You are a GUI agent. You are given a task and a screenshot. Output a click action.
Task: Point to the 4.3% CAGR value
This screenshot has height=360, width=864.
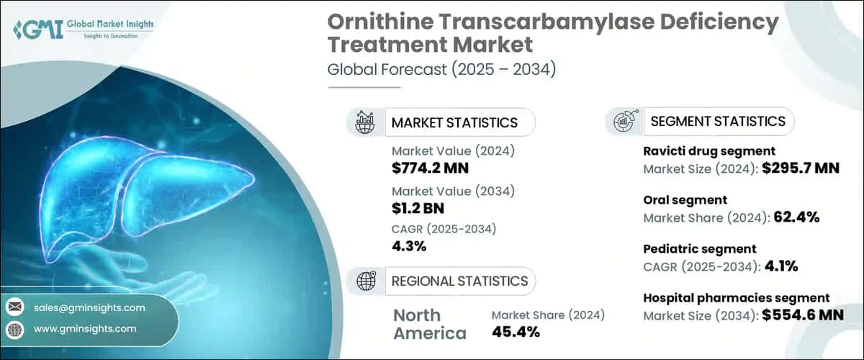tap(409, 247)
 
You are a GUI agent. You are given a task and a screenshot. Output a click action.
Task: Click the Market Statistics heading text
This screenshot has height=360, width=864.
tap(454, 122)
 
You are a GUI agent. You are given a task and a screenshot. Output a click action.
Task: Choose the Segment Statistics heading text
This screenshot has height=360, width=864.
tap(718, 122)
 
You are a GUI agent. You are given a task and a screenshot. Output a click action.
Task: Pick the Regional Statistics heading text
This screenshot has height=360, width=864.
tap(459, 281)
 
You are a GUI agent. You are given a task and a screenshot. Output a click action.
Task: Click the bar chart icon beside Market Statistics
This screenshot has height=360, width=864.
tap(365, 122)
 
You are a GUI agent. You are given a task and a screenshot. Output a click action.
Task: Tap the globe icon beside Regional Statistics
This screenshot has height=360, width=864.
tap(365, 281)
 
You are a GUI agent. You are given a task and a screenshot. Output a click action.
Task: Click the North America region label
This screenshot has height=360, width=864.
tap(429, 324)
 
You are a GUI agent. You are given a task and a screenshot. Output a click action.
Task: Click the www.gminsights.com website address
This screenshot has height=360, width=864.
tap(84, 328)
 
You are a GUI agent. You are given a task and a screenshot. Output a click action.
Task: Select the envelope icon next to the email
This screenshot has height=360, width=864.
tap(15, 307)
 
